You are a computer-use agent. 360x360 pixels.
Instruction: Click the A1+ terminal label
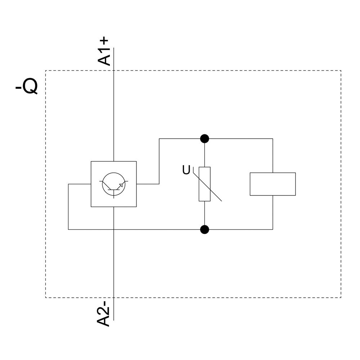pyautogui.click(x=104, y=51)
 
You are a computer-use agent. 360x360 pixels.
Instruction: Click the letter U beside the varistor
pyautogui.click(x=186, y=170)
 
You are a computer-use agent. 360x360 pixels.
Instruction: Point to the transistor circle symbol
pyautogui.click(x=113, y=184)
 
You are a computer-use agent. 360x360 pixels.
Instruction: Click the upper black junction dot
pyautogui.click(x=204, y=139)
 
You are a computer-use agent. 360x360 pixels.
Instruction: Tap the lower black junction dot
pyautogui.click(x=204, y=229)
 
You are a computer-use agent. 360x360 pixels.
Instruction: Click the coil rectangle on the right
pyautogui.click(x=273, y=184)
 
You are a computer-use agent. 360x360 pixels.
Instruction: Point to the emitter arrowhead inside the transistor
pyautogui.click(x=121, y=185)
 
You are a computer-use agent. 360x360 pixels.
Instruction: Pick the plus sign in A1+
pyautogui.click(x=104, y=40)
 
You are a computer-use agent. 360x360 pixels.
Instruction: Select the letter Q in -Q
pyautogui.click(x=30, y=86)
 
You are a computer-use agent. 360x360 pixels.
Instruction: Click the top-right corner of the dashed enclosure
pyautogui.click(x=341, y=71)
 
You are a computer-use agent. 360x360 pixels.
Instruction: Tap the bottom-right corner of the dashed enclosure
pyautogui.click(x=341, y=297)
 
